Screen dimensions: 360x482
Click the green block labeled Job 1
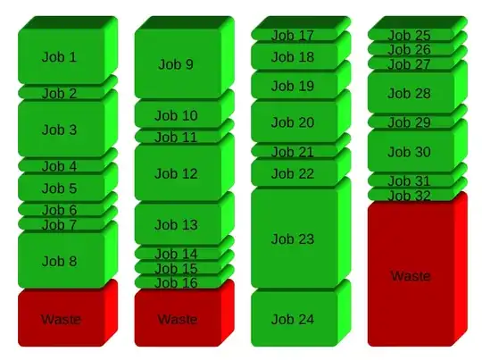click(60, 57)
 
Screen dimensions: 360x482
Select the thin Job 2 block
click(60, 93)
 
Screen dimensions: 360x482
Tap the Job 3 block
click(60, 130)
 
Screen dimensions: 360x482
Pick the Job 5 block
click(60, 188)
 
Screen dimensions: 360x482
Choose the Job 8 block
click(60, 261)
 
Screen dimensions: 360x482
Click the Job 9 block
click(176, 64)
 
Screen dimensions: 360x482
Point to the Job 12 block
click(176, 173)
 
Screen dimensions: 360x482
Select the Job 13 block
click(176, 225)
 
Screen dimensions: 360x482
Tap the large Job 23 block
click(293, 239)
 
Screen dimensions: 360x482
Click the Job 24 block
click(293, 319)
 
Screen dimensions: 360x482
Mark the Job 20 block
click(293, 122)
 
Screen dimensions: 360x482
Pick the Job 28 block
click(410, 93)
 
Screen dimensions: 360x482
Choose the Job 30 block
click(410, 153)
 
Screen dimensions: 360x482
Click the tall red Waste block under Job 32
click(410, 275)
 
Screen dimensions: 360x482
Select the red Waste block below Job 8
click(60, 319)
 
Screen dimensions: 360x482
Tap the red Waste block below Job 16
click(176, 319)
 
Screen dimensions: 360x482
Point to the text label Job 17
click(293, 36)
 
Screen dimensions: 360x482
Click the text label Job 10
click(176, 115)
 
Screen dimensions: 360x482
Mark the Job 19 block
click(293, 86)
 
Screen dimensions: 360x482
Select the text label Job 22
click(293, 173)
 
